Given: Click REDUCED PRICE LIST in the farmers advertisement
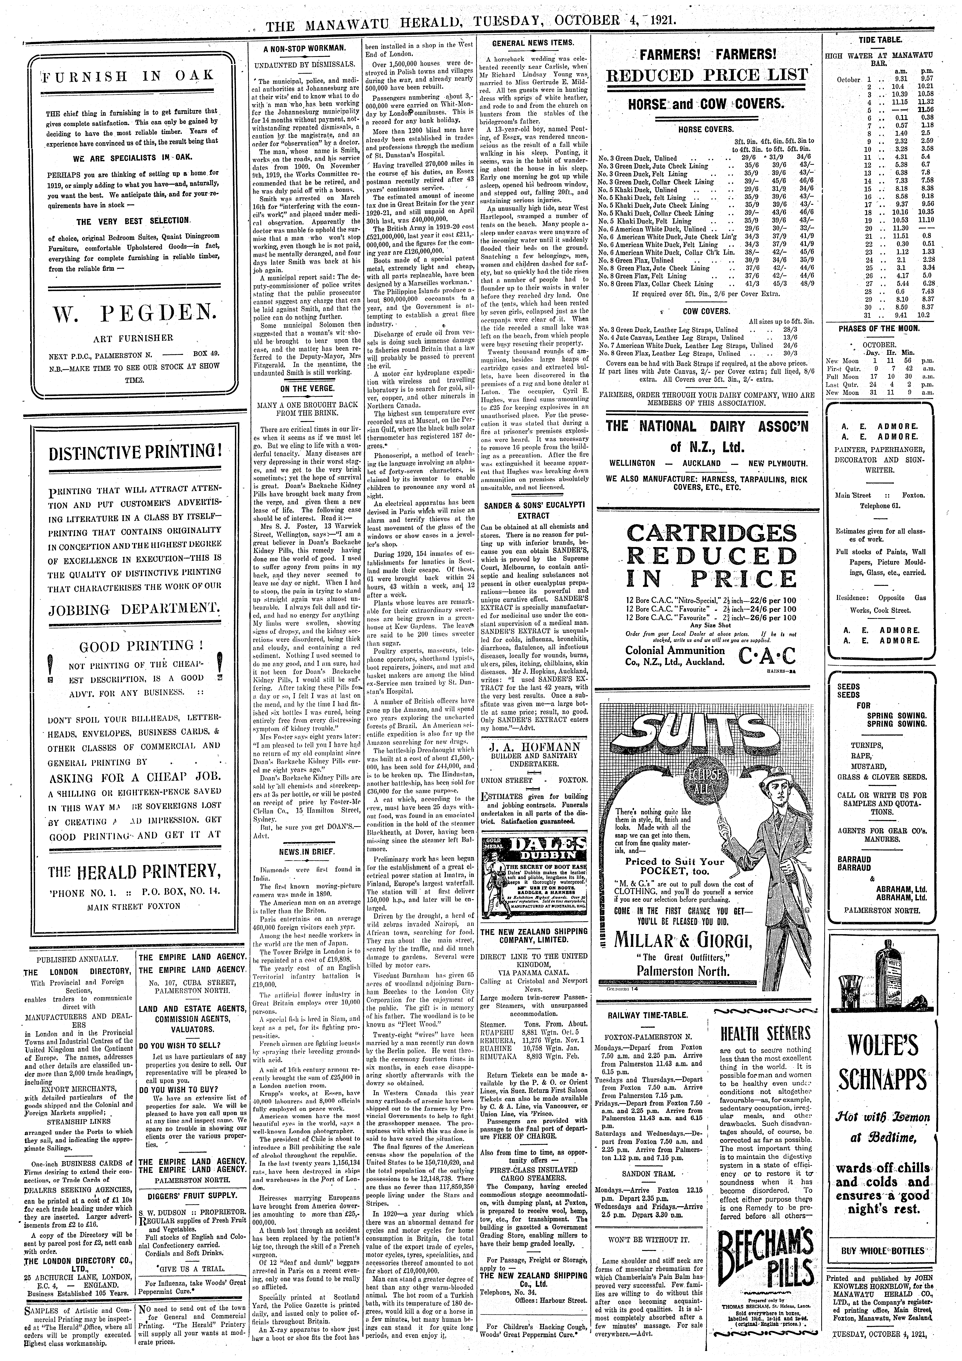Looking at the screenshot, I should point(705,75).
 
